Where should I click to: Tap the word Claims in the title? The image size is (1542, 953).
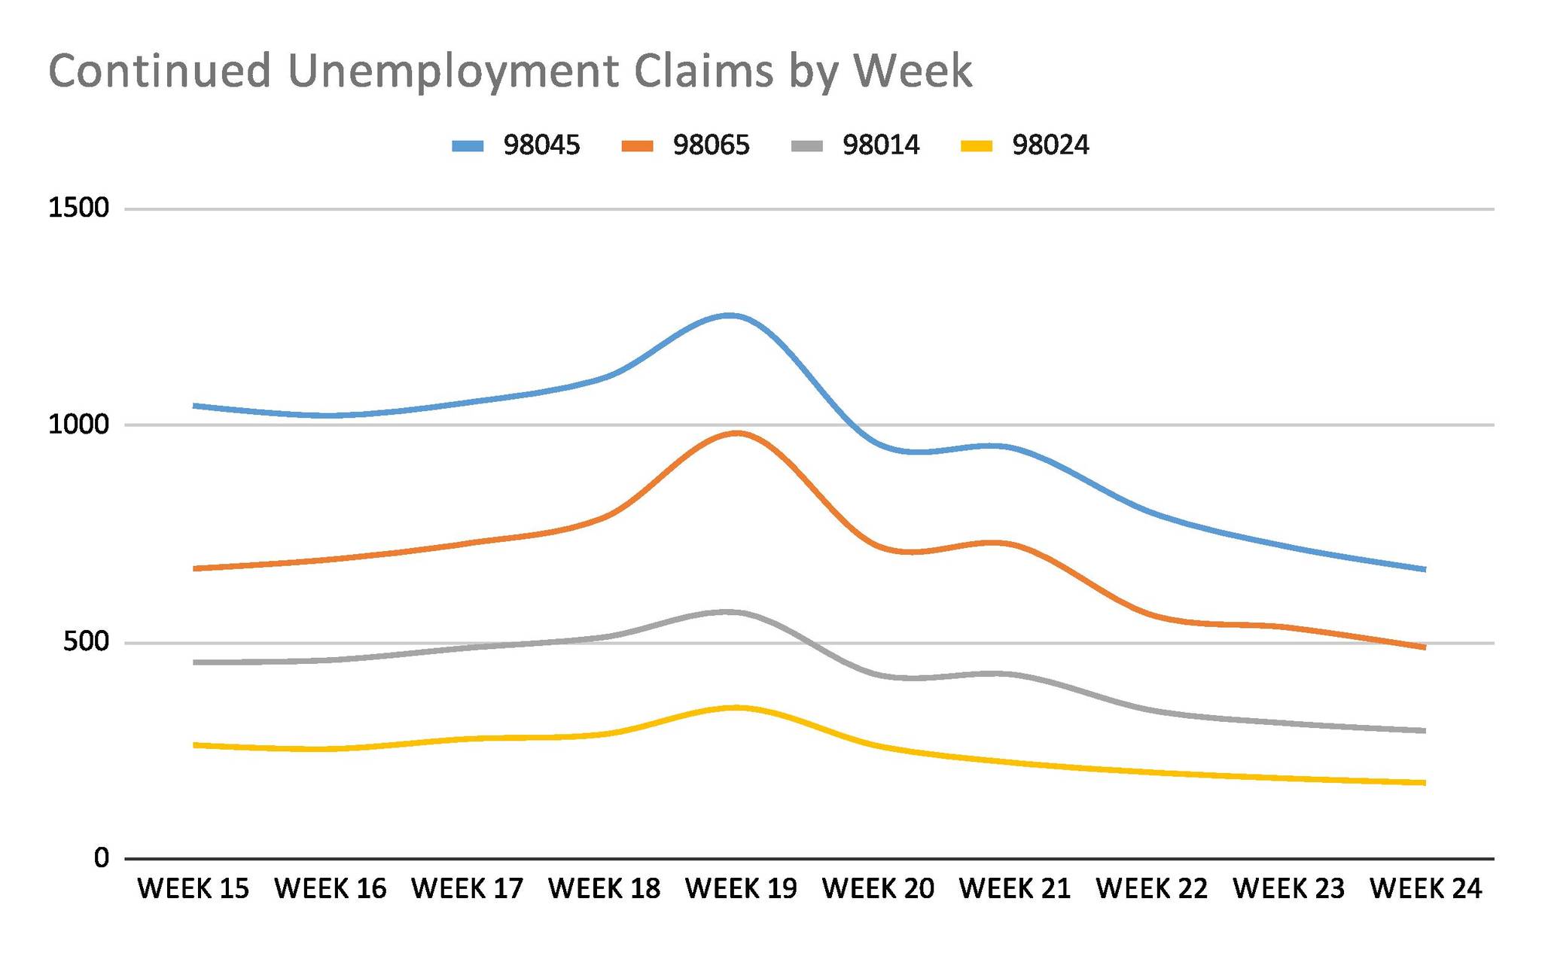[703, 71]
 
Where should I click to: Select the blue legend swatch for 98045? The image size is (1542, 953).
[468, 146]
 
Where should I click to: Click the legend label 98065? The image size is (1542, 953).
[711, 145]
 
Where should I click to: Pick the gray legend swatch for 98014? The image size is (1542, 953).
[807, 146]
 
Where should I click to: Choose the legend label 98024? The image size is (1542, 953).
[1050, 145]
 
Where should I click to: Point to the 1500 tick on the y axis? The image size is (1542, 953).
[79, 208]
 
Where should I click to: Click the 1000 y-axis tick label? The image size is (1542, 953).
[79, 425]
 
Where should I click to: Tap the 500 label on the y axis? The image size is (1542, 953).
[86, 642]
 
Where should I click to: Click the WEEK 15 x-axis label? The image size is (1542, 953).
[194, 889]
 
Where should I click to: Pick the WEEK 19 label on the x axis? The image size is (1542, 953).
[741, 889]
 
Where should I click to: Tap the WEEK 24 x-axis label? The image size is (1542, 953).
[1425, 889]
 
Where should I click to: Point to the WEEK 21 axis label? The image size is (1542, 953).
[1015, 889]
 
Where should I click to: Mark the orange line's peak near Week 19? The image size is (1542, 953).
[736, 433]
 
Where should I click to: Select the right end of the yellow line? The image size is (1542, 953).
[1424, 783]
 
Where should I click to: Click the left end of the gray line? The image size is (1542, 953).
[195, 662]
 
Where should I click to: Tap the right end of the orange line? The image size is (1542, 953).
[1424, 647]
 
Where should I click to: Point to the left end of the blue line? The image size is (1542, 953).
[195, 406]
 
